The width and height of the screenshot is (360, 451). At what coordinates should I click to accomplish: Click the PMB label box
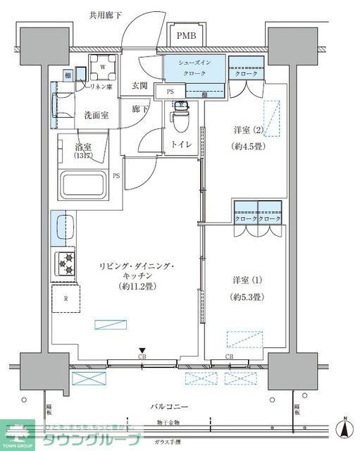pyautogui.click(x=187, y=36)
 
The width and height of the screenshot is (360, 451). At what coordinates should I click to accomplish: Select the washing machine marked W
pyautogui.click(x=103, y=68)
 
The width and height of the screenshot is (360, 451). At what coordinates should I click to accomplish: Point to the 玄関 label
pyautogui.click(x=139, y=86)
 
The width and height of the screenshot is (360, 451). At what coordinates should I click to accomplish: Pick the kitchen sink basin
pyautogui.click(x=63, y=230)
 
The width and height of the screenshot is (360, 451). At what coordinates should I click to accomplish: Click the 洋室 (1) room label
pyautogui.click(x=247, y=280)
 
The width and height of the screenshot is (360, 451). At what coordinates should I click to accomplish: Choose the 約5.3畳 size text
pyautogui.click(x=247, y=297)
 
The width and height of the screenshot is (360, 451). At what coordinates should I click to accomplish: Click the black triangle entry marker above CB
pyautogui.click(x=142, y=350)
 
